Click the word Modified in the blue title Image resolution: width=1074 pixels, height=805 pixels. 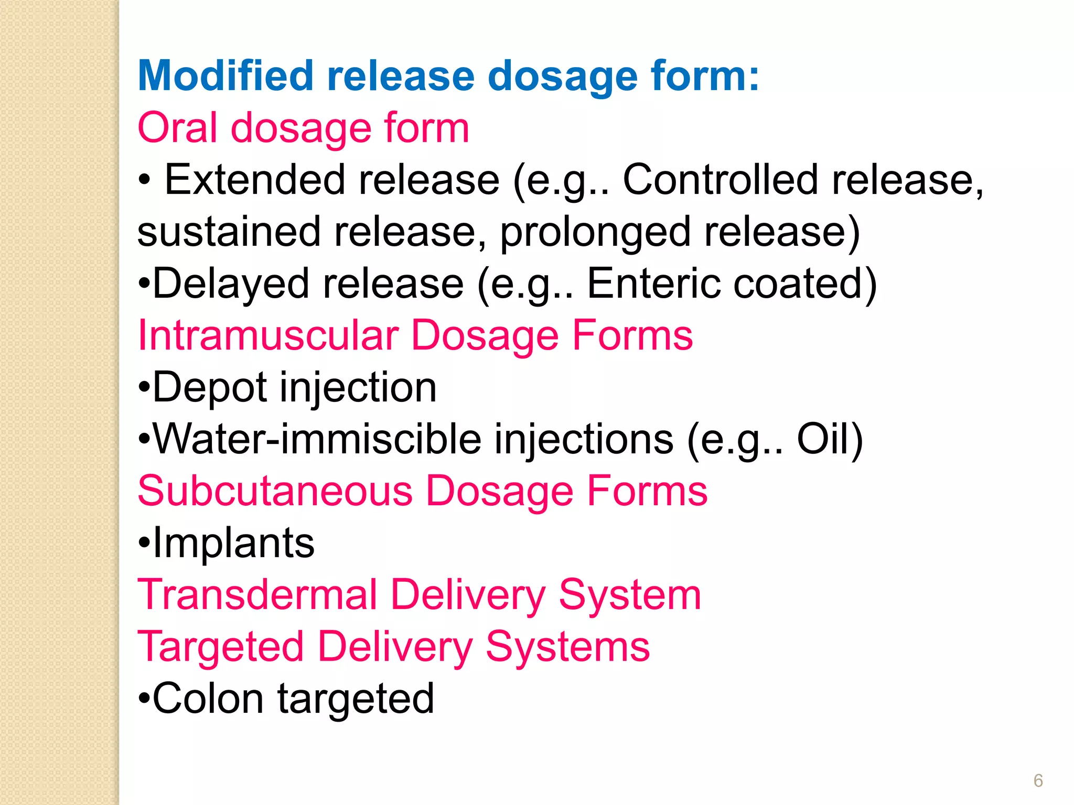point(225,76)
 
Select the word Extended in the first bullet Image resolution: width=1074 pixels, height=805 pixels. point(255,180)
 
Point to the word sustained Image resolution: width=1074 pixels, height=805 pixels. point(229,232)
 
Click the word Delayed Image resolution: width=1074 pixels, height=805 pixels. point(231,284)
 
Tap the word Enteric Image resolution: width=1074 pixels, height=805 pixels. point(653,284)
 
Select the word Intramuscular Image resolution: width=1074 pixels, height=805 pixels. point(268,335)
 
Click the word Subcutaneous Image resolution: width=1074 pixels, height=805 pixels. point(275,491)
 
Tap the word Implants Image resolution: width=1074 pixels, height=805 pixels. point(233,543)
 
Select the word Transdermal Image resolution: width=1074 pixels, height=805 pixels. point(257,595)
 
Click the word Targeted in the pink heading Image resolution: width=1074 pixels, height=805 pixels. point(221,647)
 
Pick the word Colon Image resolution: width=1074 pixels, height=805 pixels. point(208,699)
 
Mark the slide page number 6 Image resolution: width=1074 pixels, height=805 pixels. point(1038,780)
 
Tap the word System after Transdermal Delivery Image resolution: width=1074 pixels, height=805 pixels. point(630,595)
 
